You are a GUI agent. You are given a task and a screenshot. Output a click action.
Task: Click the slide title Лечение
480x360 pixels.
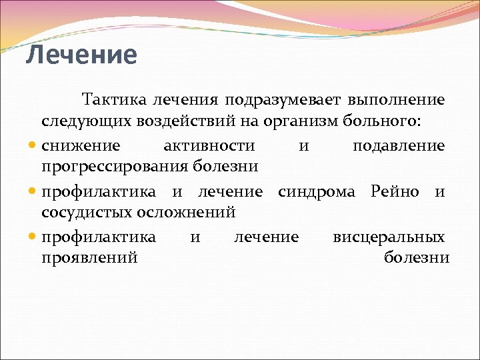point(81,55)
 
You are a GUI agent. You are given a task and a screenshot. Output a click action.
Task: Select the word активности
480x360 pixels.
point(209,146)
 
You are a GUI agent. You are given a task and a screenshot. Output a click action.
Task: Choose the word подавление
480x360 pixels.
point(399,146)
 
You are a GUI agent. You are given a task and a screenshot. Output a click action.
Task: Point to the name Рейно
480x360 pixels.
point(395,193)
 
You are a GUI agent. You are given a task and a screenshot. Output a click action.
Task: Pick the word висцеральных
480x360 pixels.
point(389,237)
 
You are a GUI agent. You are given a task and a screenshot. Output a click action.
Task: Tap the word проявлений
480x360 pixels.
point(89,257)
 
